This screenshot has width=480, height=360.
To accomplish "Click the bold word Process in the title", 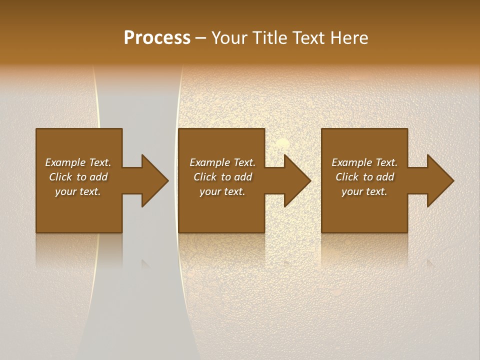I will click(x=157, y=38).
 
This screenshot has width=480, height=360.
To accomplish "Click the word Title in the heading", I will click(x=269, y=38).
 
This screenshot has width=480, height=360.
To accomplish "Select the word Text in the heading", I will click(x=308, y=38).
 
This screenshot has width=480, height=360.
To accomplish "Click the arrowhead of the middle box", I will click(x=300, y=180).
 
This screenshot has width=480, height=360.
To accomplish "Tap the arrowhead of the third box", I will click(x=443, y=180).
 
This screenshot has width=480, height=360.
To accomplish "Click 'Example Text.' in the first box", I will click(x=78, y=162).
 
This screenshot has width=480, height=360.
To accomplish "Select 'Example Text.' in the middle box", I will click(x=222, y=162).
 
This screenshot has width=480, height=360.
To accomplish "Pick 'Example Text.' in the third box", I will click(x=364, y=162).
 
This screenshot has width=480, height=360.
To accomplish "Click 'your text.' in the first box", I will click(x=78, y=191).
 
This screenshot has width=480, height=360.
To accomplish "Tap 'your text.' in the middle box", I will click(x=222, y=191).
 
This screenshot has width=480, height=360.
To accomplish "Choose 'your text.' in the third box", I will click(x=364, y=191).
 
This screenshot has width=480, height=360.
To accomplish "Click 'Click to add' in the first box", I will click(x=78, y=177).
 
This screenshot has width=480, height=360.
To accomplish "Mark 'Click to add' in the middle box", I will click(x=222, y=177).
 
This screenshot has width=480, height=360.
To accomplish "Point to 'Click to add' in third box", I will click(x=364, y=177).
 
